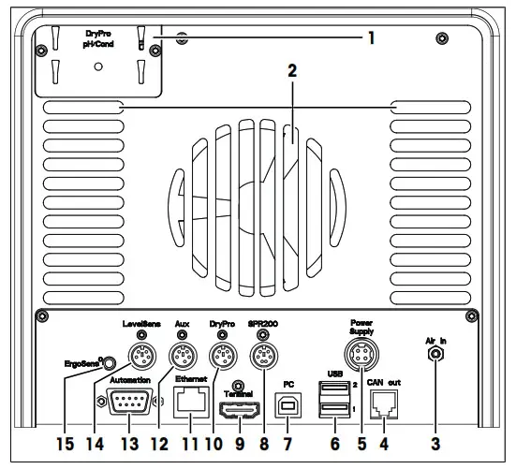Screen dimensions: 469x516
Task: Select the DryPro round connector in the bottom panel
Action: click(x=220, y=356)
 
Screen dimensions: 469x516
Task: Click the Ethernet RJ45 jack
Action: click(x=193, y=403)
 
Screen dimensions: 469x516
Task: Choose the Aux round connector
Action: click(x=181, y=356)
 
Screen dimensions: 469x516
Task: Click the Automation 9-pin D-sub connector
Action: click(x=129, y=403)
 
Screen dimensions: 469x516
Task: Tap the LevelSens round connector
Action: click(x=141, y=356)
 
